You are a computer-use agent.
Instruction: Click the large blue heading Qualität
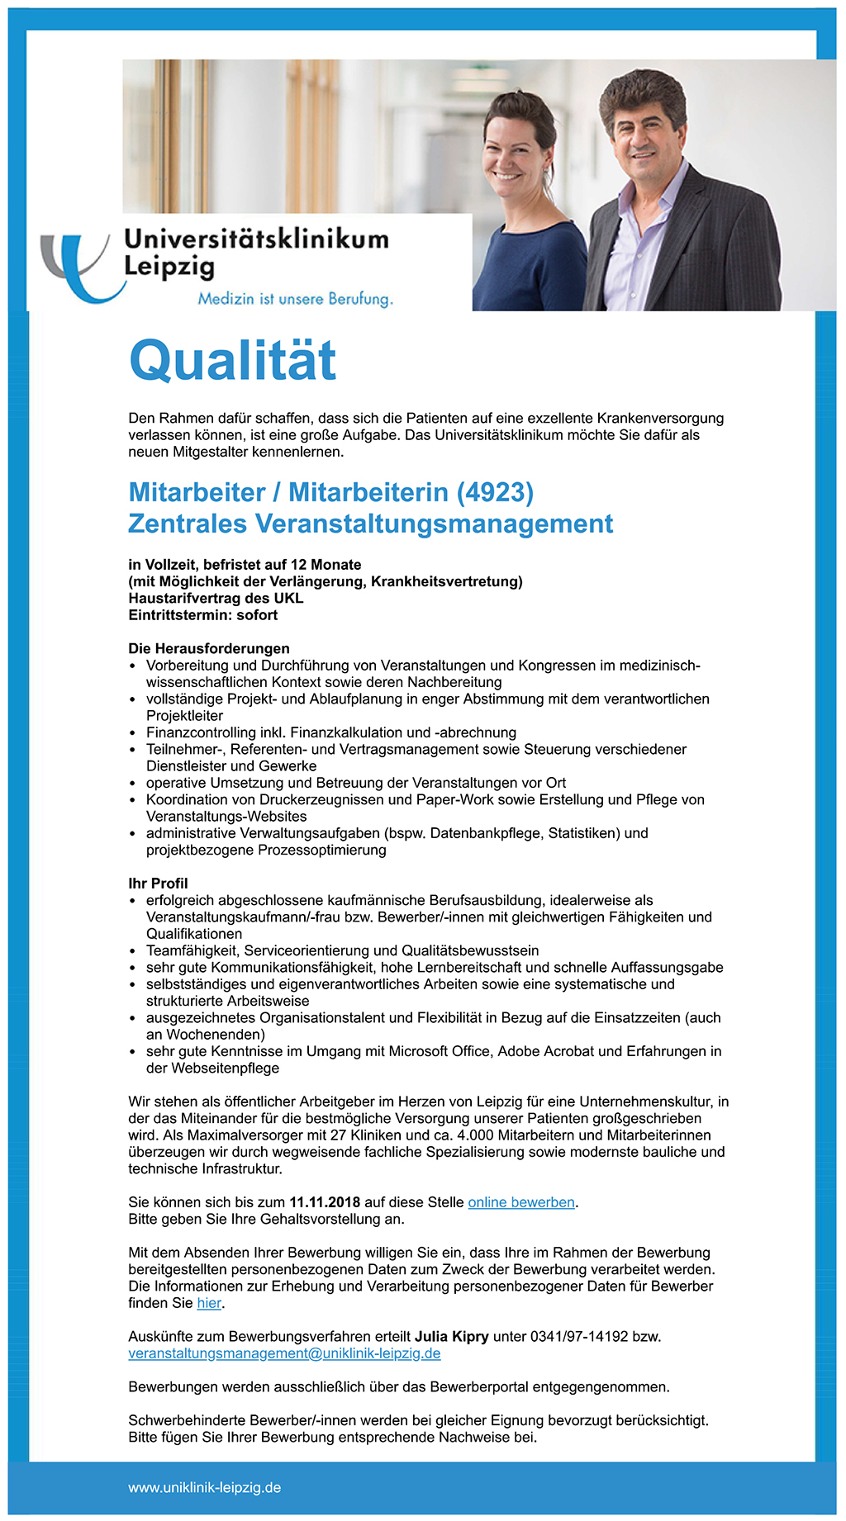coord(233,361)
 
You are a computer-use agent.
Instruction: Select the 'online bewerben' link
coord(521,1202)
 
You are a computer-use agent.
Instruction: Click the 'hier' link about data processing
coord(209,1303)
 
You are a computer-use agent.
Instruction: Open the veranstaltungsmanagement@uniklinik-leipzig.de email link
coord(284,1353)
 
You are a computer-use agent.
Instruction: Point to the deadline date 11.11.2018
coord(325,1202)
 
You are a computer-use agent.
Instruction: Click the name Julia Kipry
coord(451,1336)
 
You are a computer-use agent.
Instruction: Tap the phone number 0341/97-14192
coord(579,1336)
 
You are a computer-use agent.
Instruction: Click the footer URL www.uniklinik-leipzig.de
coord(204,1487)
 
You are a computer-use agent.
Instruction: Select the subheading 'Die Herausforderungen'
coord(208,648)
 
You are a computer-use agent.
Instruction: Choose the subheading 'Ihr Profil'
coord(158,883)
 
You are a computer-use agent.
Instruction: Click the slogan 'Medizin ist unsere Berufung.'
coord(295,299)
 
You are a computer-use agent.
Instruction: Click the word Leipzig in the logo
coord(169,268)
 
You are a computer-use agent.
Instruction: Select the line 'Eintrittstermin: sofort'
coord(202,615)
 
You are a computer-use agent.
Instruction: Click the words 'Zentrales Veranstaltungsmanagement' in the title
coord(370,524)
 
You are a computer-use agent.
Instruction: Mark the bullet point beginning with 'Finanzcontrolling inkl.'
coord(330,732)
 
